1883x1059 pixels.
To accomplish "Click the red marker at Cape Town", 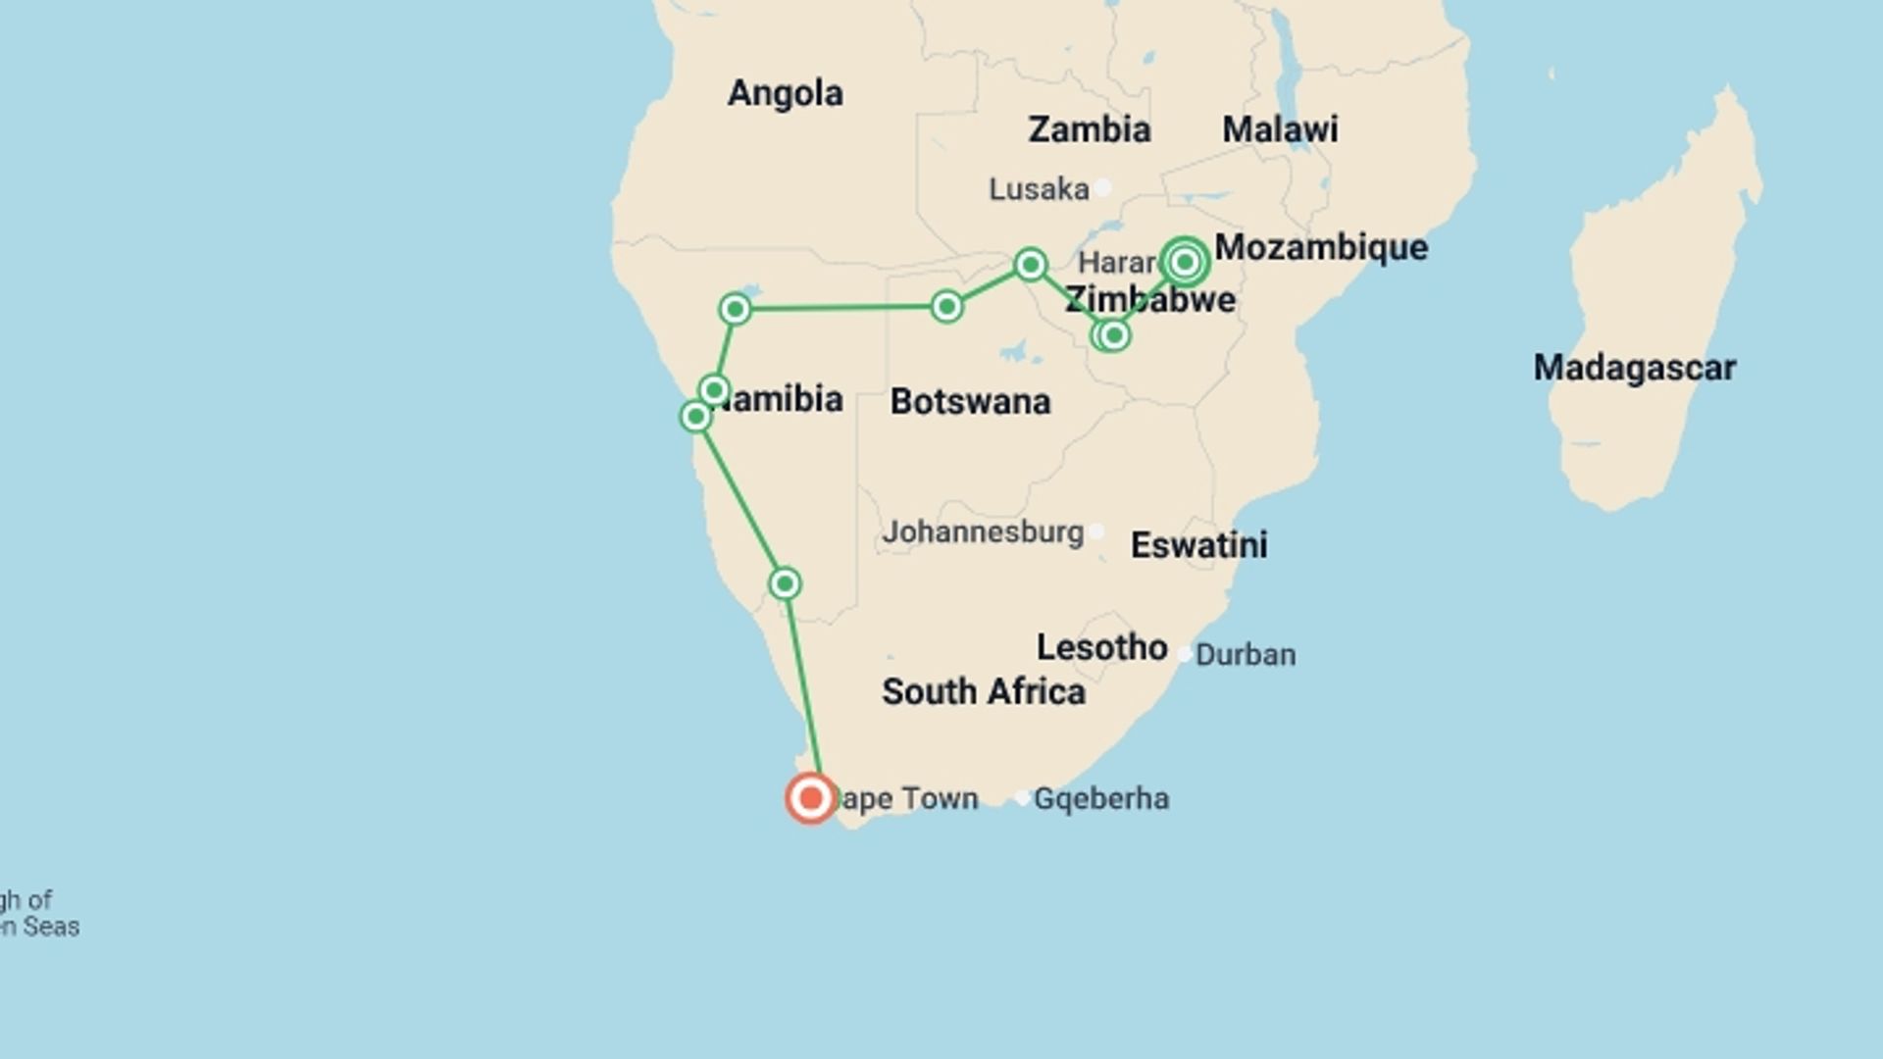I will coord(810,798).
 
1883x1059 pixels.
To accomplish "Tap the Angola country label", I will coord(785,93).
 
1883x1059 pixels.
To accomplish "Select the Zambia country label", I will coord(1089,129).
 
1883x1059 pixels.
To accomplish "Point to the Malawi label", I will coord(1280,129).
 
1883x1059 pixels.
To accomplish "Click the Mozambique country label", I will coord(1321,247).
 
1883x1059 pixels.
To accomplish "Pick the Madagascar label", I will coord(1634,368).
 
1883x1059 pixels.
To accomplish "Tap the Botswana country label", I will coord(970,401).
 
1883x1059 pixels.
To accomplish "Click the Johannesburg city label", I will coord(983,532).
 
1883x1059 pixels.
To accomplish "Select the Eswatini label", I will coord(1198,545).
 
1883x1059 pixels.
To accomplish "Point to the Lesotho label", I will coord(1101,647).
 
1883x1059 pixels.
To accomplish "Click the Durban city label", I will coord(1246,654).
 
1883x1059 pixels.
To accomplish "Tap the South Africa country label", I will coord(983,691).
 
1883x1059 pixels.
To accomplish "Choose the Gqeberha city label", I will coord(1101,798).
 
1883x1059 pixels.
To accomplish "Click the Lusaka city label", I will coord(1039,188).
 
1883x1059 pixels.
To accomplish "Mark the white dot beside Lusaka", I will coord(1103,187).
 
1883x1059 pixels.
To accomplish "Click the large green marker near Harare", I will coord(1185,262).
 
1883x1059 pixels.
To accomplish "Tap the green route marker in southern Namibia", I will coord(785,584).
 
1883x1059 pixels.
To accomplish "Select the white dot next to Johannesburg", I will coord(1096,531).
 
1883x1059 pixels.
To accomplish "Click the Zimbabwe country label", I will coord(1150,299).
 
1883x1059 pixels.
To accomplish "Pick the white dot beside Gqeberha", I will coord(1022,798).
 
